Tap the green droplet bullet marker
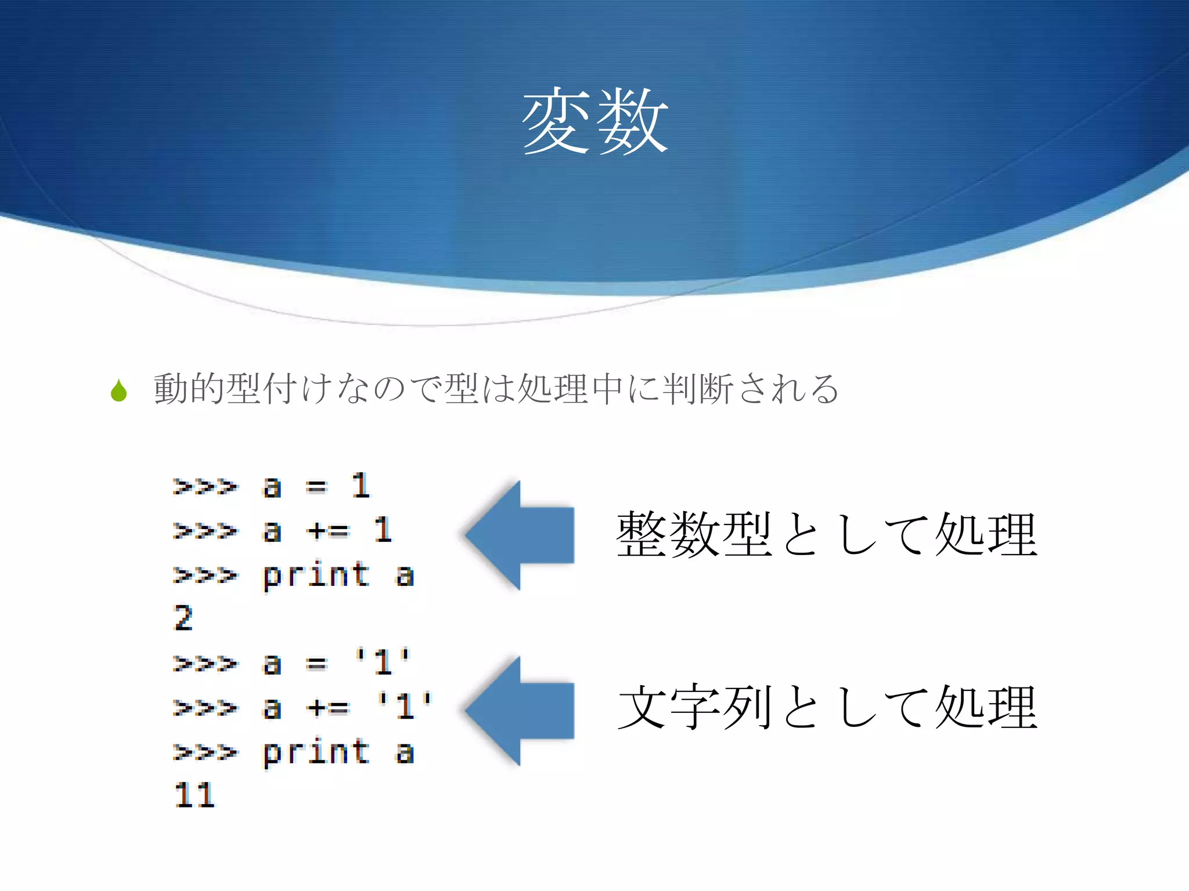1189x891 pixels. point(119,390)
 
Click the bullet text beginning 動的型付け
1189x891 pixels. point(496,389)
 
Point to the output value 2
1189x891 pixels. point(183,618)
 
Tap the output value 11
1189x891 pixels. point(194,795)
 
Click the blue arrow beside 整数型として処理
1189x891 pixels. point(520,535)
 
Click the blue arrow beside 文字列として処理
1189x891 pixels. point(520,711)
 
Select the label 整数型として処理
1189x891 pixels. point(826,534)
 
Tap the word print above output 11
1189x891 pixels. point(316,752)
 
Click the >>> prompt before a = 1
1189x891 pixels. point(205,486)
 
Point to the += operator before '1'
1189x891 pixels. point(329,707)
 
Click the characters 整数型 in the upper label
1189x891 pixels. point(694,534)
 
